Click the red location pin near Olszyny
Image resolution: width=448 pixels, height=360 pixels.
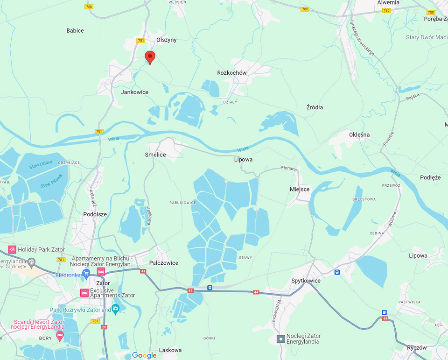(149, 57)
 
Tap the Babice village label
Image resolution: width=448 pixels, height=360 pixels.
(75, 31)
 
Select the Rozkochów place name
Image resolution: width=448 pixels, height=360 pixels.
(232, 73)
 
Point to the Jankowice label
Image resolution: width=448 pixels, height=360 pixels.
(134, 92)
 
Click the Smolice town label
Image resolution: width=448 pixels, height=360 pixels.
(155, 155)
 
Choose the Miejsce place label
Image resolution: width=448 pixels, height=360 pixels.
(299, 190)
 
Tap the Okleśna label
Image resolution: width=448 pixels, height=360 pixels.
(359, 135)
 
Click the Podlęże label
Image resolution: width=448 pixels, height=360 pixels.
(430, 177)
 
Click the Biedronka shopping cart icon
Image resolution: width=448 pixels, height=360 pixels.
(86, 275)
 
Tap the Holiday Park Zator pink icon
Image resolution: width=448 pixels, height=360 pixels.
(12, 250)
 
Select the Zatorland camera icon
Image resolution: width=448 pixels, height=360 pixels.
(116, 310)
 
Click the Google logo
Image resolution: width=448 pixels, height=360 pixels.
(144, 355)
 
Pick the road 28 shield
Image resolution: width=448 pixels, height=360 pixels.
(104, 327)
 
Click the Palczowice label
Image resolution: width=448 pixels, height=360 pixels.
(163, 263)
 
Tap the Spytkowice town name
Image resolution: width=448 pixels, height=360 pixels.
(306, 281)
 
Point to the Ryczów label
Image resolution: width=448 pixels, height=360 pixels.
(416, 348)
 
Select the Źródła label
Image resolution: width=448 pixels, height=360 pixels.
(315, 107)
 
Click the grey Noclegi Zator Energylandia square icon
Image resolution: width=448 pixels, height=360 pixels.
(281, 339)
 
